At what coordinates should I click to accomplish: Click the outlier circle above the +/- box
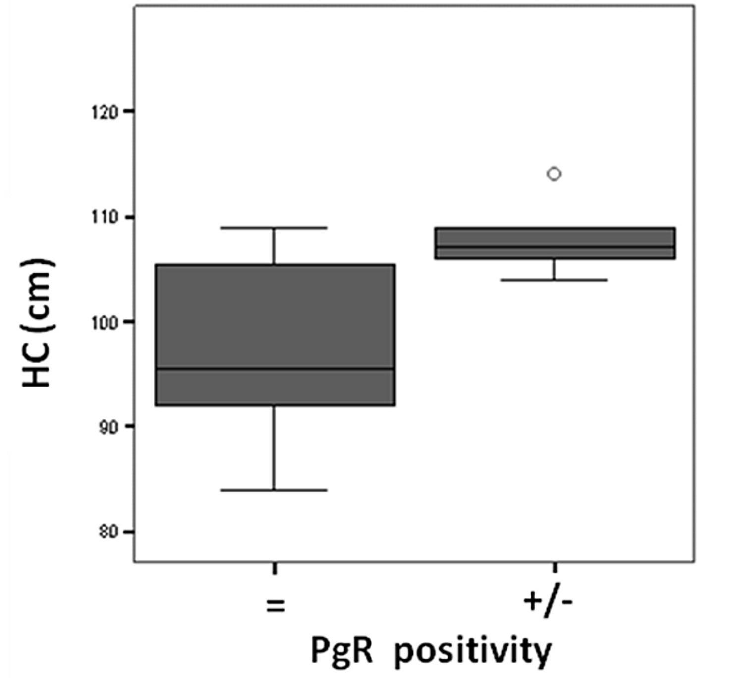554,174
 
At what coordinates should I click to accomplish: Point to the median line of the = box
275,369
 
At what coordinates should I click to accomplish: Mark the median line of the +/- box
555,246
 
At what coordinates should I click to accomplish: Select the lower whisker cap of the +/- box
554,280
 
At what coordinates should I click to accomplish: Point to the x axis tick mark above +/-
554,568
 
